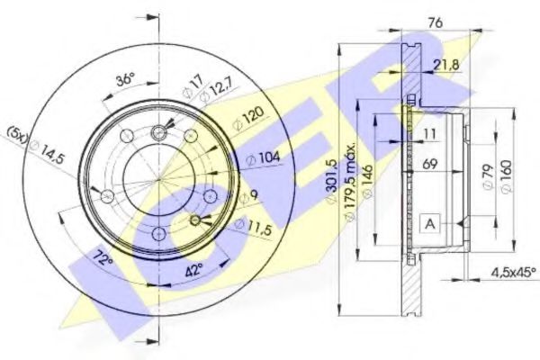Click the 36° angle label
[x=125, y=78]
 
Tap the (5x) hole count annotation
[x=17, y=134]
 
